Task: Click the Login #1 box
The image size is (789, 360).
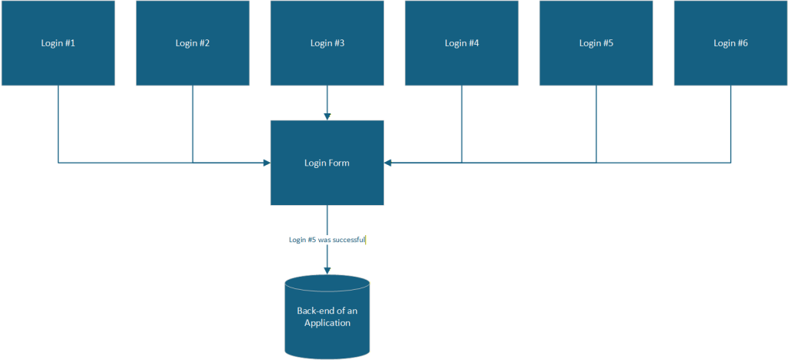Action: coord(58,43)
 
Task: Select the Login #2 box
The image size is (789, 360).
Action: coord(193,43)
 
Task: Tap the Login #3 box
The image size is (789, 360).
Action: coord(327,43)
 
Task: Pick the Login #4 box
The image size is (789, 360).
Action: coord(462,43)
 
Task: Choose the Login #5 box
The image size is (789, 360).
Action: coord(596,43)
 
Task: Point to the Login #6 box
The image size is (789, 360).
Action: coord(730,43)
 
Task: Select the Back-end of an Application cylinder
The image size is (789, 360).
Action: coord(327,316)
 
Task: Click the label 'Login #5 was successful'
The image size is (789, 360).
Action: coord(327,240)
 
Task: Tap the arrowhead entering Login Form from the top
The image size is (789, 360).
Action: coord(327,116)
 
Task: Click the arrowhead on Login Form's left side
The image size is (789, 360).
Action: coord(267,163)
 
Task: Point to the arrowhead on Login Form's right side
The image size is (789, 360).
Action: coord(388,163)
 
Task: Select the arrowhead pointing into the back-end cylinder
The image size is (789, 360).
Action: coord(327,271)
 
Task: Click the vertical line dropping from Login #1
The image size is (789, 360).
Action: coord(58,123)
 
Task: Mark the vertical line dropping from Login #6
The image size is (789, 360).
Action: coord(730,123)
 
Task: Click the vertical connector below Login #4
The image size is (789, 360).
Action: coord(462,123)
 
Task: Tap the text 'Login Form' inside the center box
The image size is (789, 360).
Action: coord(327,163)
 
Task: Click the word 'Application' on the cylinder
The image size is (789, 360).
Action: coord(327,323)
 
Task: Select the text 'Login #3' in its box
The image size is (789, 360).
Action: coord(327,43)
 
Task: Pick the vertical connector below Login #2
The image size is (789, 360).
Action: coord(193,123)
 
